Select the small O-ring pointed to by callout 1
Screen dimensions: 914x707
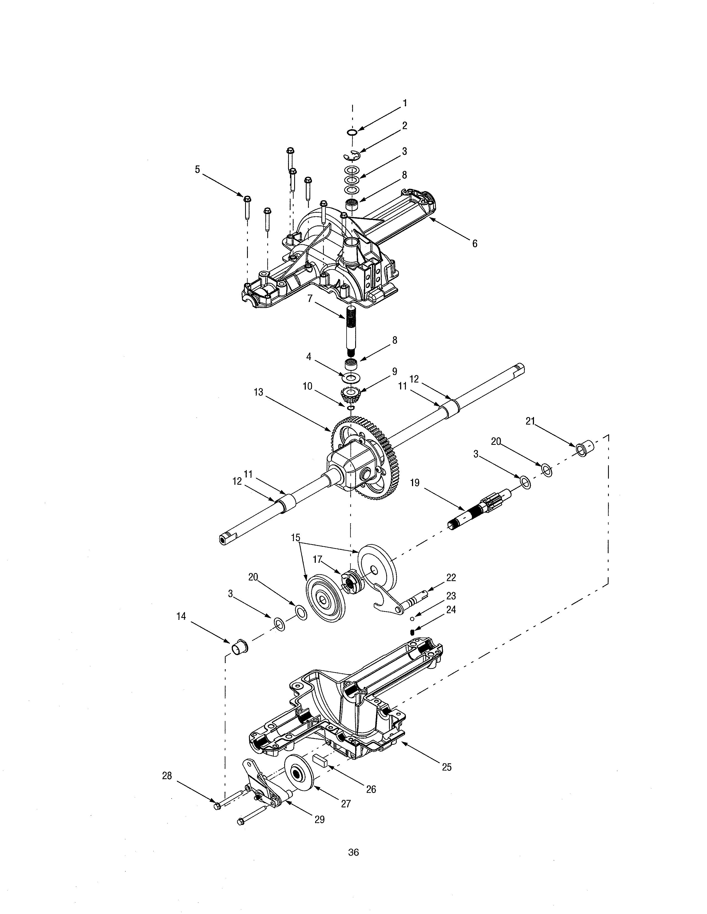(352, 133)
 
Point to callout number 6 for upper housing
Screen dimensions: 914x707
(475, 243)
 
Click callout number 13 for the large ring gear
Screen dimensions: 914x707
(258, 392)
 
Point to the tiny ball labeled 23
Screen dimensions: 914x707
(412, 617)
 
